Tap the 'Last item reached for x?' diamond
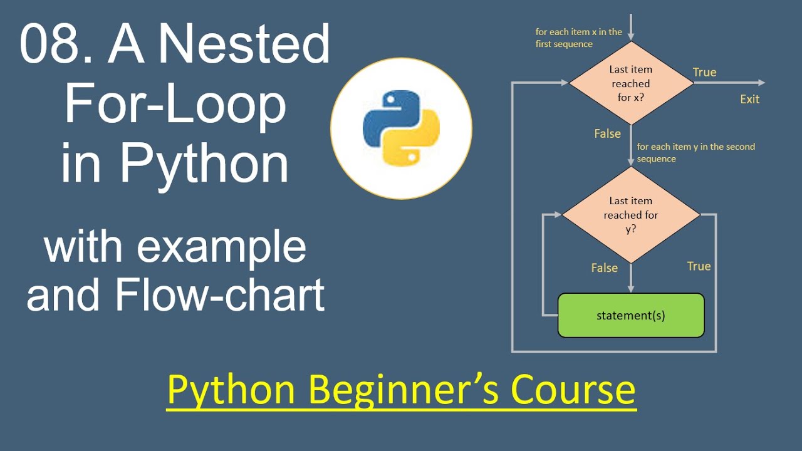click(630, 83)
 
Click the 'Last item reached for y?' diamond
click(630, 215)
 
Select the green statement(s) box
click(630, 315)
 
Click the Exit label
click(749, 99)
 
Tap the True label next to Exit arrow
click(704, 72)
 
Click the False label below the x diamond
click(607, 133)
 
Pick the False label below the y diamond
click(604, 267)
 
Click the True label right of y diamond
click(699, 266)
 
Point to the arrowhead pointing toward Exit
click(761, 83)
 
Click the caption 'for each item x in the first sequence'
click(578, 38)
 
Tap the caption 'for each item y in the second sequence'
click(695, 152)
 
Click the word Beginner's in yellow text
click(404, 390)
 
